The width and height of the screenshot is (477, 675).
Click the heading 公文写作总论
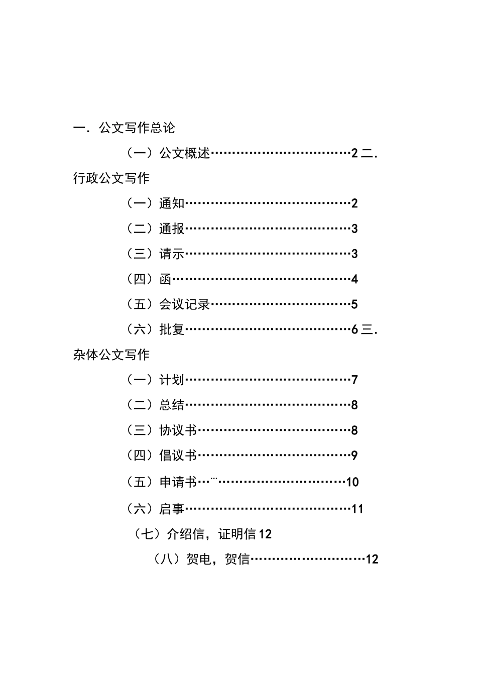[137, 128]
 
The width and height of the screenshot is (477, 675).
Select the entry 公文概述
[185, 153]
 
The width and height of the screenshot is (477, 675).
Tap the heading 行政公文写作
[111, 178]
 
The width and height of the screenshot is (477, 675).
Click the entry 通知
[172, 203]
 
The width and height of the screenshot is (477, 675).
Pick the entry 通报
[172, 229]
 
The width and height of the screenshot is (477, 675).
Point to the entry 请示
[172, 254]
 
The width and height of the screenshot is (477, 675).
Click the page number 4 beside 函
[354, 279]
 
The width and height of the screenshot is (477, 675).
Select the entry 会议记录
[184, 304]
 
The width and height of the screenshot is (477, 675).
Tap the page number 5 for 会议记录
[354, 304]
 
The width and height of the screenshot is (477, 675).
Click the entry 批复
[172, 329]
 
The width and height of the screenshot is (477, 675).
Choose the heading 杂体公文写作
[111, 355]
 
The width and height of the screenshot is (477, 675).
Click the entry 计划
[172, 380]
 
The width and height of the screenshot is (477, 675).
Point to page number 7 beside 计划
[354, 380]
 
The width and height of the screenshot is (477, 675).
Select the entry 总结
[172, 405]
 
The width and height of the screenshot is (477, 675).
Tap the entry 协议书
[178, 430]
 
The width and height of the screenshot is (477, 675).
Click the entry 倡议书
[178, 456]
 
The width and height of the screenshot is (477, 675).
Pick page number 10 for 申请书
[352, 482]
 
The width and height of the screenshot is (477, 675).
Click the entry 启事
[172, 509]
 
